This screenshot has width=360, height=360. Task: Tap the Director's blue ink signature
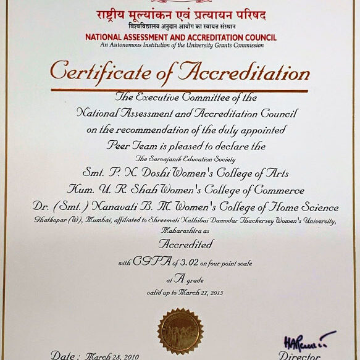point(306,340)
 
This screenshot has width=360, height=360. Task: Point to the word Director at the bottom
point(299,356)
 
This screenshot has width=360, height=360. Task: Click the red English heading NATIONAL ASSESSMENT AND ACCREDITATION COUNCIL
point(181,37)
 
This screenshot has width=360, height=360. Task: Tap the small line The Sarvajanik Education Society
point(180,159)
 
